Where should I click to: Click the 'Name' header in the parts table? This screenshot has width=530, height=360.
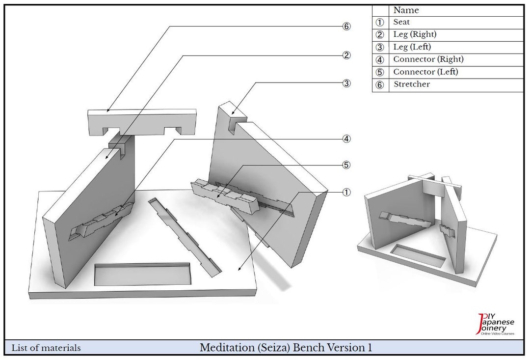[x=406, y=10]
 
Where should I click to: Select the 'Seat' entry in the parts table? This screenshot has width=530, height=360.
[x=401, y=22]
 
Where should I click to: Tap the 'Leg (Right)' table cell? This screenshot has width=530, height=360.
[x=415, y=34]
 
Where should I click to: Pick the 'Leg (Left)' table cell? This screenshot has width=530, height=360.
[x=412, y=47]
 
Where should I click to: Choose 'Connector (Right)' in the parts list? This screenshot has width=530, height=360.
[x=428, y=59]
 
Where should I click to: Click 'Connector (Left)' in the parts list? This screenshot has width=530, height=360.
[x=425, y=72]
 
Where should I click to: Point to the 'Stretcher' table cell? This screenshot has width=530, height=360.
[x=411, y=84]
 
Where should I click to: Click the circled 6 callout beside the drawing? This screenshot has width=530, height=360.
[x=346, y=27]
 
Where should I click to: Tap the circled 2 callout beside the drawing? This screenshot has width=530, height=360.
[x=346, y=55]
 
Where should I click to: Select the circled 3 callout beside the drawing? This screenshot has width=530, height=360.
[x=346, y=83]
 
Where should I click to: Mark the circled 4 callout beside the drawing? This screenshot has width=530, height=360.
[x=346, y=138]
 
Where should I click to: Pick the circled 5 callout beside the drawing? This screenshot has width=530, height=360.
[x=346, y=165]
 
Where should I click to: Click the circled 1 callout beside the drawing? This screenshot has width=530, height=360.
[x=346, y=192]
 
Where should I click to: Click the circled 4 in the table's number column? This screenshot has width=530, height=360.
[x=380, y=60]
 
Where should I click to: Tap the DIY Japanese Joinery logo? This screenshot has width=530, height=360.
[x=495, y=324]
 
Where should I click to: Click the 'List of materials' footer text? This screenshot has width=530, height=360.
[x=46, y=348]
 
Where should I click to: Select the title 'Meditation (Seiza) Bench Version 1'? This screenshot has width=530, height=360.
[x=286, y=348]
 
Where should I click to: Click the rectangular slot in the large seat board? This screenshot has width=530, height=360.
[x=143, y=274]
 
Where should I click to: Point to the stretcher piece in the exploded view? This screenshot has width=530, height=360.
[x=142, y=122]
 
